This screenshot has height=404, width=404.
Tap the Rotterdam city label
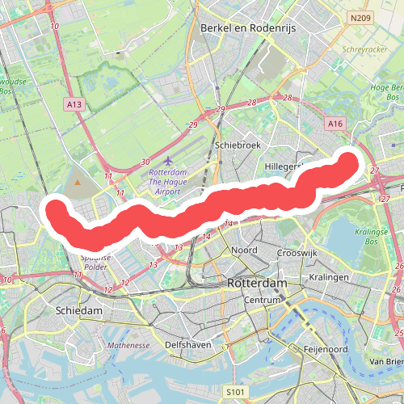coord(258,284)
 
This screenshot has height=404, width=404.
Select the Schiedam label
coord(79,311)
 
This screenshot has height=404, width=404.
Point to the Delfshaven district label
coord(188,344)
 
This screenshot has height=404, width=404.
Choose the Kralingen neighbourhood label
coord(328,277)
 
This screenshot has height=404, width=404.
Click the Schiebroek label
coord(236,145)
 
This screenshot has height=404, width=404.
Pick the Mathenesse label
coord(129,345)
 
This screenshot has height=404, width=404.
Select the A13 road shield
coord(75,104)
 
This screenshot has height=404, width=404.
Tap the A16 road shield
coord(336,123)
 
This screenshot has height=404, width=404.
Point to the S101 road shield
coord(234,392)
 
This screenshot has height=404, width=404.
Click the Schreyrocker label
coord(361,48)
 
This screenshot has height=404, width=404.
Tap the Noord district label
coord(244,250)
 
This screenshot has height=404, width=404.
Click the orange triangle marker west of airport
coord(78,183)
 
